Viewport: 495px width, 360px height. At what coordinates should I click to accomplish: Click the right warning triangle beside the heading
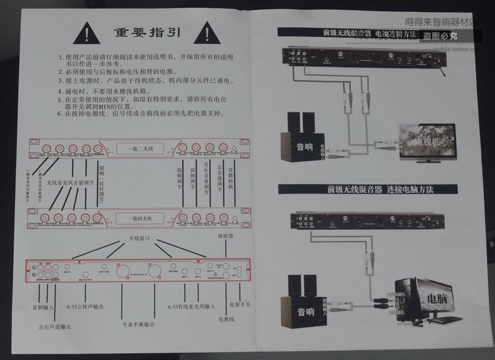tap(208, 31)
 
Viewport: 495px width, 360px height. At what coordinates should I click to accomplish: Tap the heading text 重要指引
tap(148, 32)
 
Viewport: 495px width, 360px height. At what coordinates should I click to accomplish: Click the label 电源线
tap(226, 318)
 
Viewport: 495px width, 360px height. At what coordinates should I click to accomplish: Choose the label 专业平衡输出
tap(139, 325)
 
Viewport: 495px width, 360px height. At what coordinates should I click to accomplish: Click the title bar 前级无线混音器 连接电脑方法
tap(379, 190)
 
